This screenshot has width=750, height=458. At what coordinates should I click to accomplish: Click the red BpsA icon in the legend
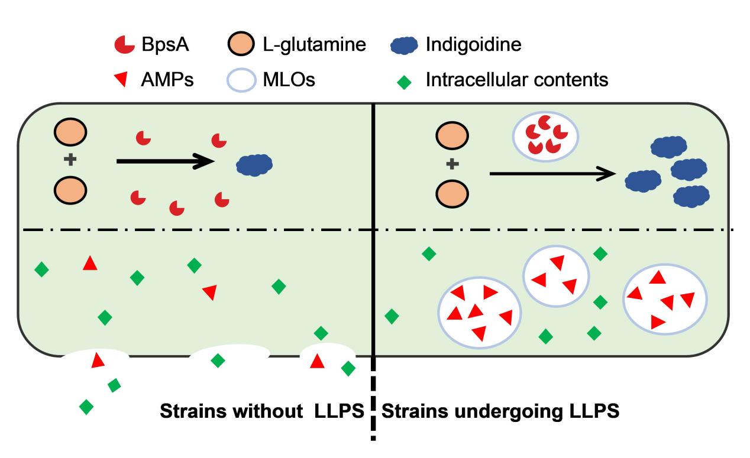(122, 45)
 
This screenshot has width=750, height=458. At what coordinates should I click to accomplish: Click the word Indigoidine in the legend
(474, 44)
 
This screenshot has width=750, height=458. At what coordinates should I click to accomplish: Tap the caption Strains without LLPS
(262, 411)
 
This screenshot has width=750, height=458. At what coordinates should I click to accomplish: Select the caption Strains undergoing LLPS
(500, 411)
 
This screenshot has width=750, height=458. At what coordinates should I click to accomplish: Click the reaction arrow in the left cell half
(165, 160)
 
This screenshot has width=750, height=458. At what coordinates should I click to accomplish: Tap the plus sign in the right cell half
(451, 164)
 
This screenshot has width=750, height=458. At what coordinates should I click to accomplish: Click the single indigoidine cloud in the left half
(254, 164)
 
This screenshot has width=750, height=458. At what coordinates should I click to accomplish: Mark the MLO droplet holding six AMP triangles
(479, 312)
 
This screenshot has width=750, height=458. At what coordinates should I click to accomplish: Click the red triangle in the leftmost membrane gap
(98, 359)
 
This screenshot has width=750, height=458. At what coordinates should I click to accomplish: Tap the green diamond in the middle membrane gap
(218, 360)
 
